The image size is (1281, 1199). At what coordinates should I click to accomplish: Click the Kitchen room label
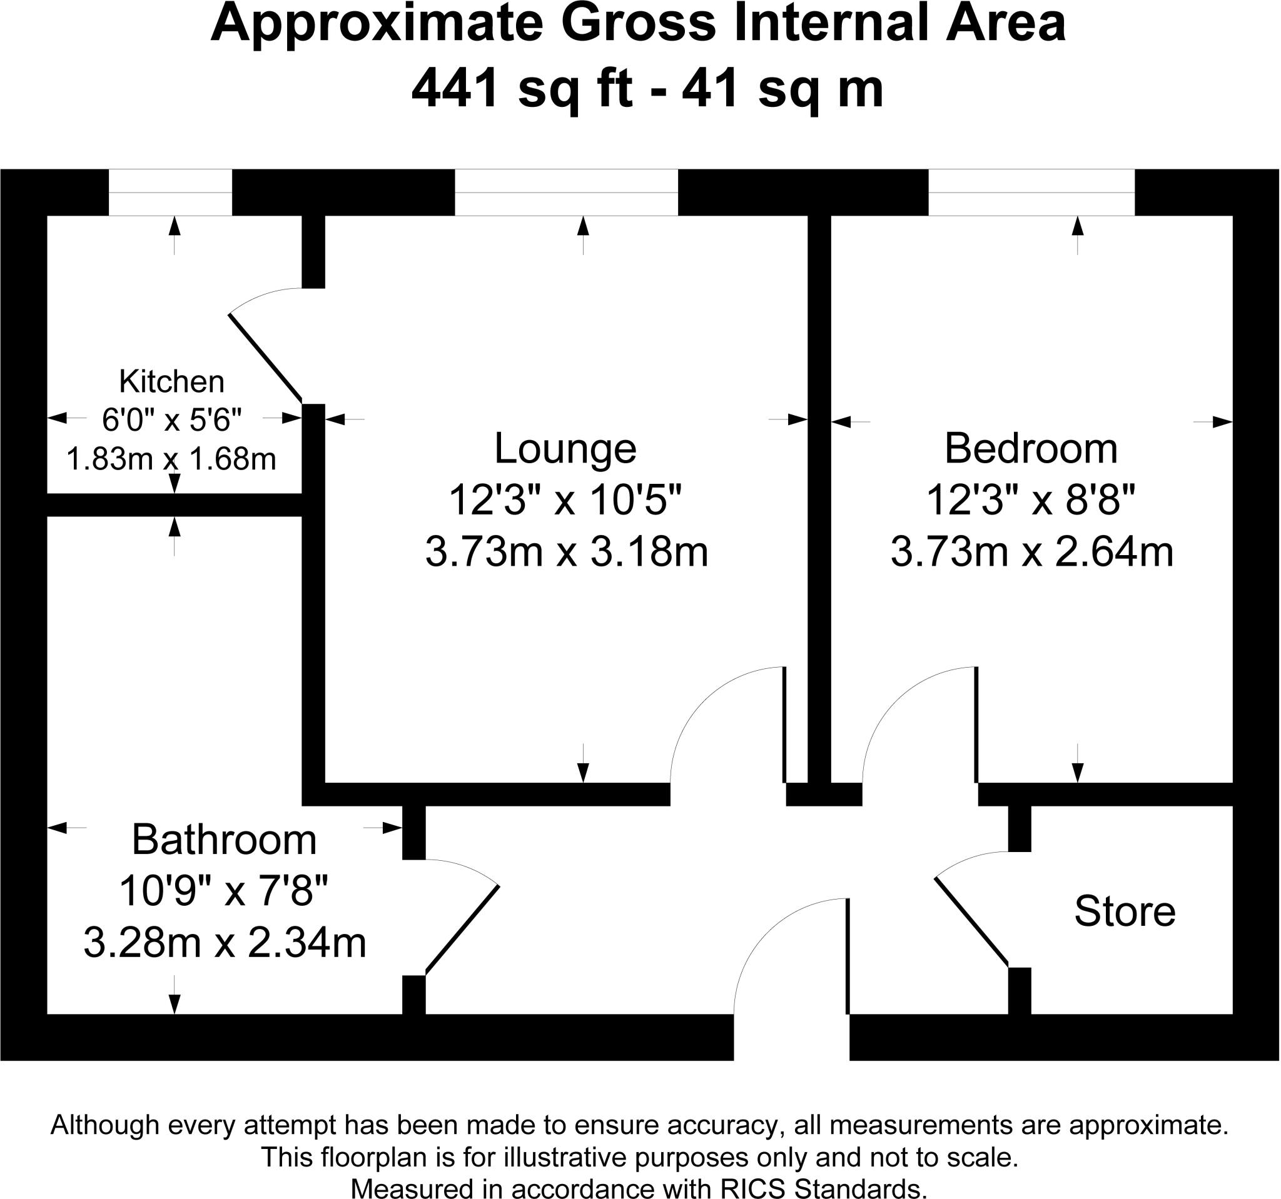click(171, 382)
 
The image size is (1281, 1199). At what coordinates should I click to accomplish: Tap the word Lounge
click(565, 449)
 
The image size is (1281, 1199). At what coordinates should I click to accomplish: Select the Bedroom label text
click(1031, 448)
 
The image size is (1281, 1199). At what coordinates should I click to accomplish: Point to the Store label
click(1125, 911)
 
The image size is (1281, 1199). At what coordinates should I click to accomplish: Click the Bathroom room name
click(225, 840)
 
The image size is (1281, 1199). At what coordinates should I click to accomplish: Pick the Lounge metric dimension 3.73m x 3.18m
click(567, 552)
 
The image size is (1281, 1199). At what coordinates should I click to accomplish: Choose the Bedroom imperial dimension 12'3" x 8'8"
click(1030, 499)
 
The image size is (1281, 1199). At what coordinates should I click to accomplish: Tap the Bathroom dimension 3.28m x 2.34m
click(225, 943)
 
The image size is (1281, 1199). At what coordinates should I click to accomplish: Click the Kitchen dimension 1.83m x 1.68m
click(171, 459)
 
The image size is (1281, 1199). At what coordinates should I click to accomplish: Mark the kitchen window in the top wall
click(170, 193)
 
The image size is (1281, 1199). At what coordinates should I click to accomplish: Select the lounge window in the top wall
click(567, 193)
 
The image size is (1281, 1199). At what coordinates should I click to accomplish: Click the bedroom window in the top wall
click(1031, 193)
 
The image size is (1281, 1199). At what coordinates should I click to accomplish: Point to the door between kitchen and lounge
click(265, 358)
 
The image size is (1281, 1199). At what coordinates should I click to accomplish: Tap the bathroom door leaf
click(462, 928)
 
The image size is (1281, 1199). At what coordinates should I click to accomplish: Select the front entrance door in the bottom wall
click(848, 957)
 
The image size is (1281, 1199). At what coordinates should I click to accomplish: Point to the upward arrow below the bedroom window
click(1078, 236)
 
